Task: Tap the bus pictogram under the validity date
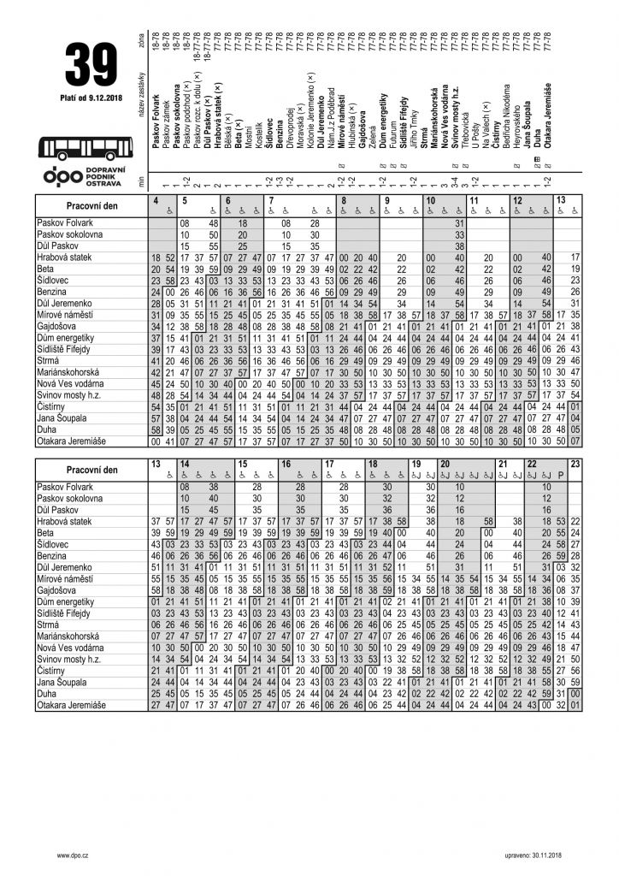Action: point(89,146)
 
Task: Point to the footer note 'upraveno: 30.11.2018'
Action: point(529,855)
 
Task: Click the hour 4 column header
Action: point(156,200)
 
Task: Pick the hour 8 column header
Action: point(344,200)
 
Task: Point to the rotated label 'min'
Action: point(140,181)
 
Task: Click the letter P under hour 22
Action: point(560,475)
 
